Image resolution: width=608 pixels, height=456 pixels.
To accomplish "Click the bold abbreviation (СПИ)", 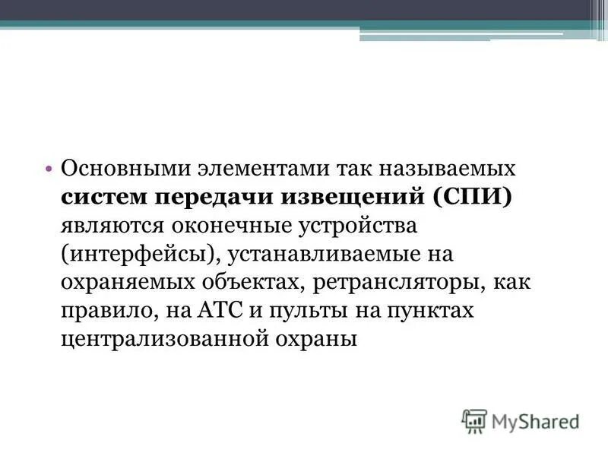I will click(x=474, y=197).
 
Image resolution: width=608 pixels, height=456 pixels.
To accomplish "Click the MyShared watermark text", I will click(x=535, y=420).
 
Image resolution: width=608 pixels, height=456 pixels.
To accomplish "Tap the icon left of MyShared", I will click(x=473, y=420).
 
